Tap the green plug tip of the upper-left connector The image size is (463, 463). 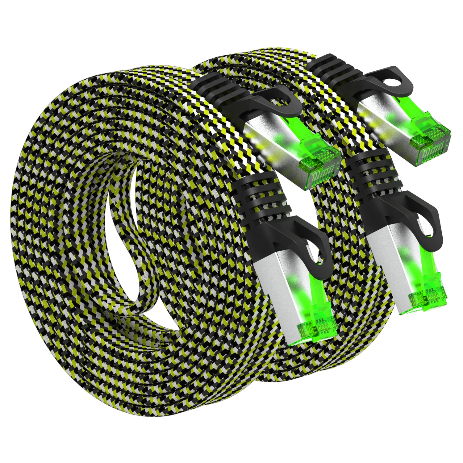coord(321,164)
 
